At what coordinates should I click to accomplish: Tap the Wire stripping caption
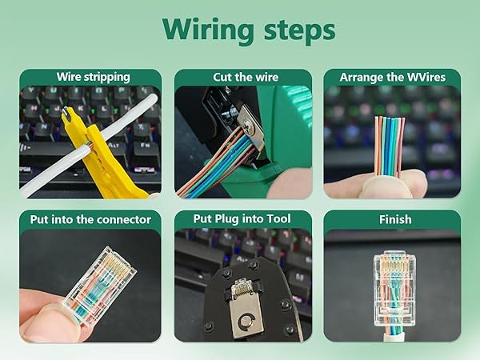[x=93, y=78]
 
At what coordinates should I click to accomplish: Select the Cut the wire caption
[x=246, y=78]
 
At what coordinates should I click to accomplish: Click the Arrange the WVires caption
[x=392, y=78]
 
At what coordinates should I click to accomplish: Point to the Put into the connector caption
[x=90, y=218]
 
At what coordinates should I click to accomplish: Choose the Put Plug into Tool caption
[x=242, y=218]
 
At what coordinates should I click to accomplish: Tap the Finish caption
[x=394, y=218]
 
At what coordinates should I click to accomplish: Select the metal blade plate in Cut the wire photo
[x=248, y=128]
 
